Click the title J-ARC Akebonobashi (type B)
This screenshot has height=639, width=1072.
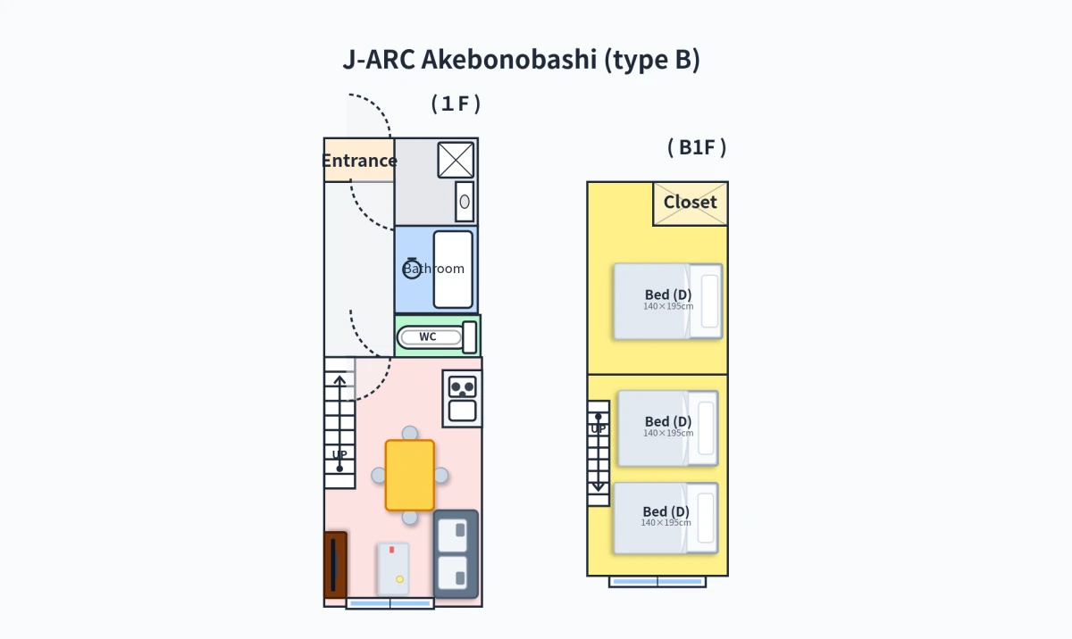pos(521,60)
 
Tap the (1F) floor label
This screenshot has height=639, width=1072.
pos(456,104)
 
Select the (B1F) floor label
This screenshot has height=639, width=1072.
pos(697,147)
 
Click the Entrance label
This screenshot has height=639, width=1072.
pos(359,161)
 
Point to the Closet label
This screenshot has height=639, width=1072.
pos(690,203)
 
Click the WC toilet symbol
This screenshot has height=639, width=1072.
pos(437,337)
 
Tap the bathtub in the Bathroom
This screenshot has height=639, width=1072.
pos(453,270)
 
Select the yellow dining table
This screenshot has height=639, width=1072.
pos(410,476)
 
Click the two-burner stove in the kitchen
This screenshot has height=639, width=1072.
pos(463,387)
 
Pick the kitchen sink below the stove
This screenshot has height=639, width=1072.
pos(463,411)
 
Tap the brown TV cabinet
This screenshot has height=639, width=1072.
pos(336,565)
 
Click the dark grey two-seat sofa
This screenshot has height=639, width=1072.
pos(456,554)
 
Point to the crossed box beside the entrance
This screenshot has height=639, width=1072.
pos(456,160)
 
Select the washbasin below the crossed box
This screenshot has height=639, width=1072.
pos(465,202)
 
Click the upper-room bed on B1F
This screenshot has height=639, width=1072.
pos(668,302)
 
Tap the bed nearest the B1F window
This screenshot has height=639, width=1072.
pos(666,519)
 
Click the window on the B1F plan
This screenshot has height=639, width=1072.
pos(657,582)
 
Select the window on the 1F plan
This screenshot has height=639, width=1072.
pos(390,603)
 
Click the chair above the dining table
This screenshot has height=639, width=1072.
pos(410,433)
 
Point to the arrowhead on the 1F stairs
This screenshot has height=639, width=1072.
pos(339,380)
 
